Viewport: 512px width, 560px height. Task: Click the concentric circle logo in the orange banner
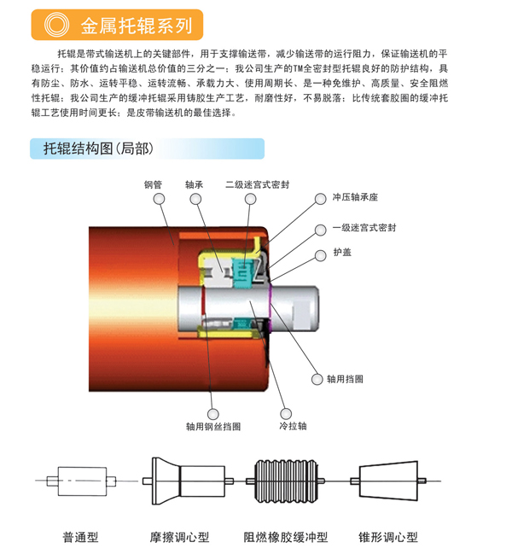click(x=56, y=25)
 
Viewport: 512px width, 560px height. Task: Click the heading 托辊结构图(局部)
click(x=98, y=149)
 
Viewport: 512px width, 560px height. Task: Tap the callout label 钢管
click(x=153, y=184)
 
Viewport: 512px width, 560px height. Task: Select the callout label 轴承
click(x=195, y=184)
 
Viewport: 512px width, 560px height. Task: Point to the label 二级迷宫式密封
click(x=258, y=184)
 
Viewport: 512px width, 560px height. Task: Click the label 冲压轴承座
click(x=355, y=197)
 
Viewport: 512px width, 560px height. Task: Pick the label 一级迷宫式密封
click(x=364, y=227)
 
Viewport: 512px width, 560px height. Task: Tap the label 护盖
click(x=342, y=253)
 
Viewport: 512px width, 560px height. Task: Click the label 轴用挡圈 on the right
click(x=346, y=379)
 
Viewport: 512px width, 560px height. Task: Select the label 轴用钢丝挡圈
click(x=213, y=427)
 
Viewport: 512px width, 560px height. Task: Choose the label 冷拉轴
click(x=293, y=426)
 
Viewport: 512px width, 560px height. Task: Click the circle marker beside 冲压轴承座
click(x=320, y=199)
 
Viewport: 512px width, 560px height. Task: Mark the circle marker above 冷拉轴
click(x=286, y=413)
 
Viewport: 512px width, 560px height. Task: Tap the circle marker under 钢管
click(x=159, y=199)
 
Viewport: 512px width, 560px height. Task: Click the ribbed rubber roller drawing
click(x=286, y=481)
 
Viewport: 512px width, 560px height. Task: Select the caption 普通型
click(x=80, y=537)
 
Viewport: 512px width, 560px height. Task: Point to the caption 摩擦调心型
click(x=179, y=537)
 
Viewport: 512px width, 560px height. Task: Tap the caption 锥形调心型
click(x=388, y=537)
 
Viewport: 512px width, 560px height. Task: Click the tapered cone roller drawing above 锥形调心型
click(x=388, y=481)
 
